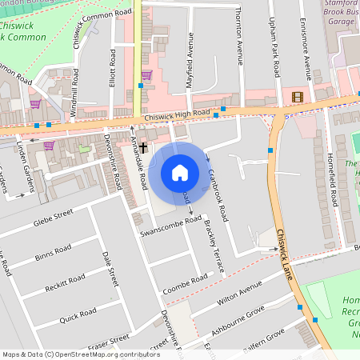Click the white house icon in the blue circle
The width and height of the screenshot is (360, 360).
pyautogui.click(x=180, y=173)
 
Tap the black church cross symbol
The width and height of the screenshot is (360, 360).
pyautogui.click(x=144, y=147)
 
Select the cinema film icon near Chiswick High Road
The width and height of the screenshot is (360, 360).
pyautogui.click(x=298, y=97)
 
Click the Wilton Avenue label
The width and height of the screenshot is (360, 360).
pyautogui.click(x=240, y=297)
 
